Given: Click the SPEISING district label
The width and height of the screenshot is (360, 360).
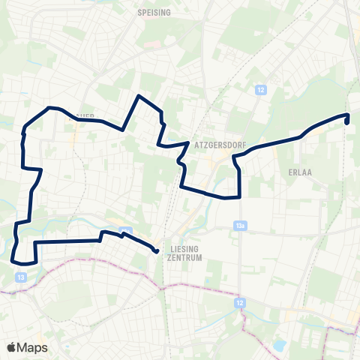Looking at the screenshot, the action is (154, 13).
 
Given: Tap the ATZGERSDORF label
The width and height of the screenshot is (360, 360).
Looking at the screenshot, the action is (216, 140).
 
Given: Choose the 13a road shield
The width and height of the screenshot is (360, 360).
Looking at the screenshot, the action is (240, 224).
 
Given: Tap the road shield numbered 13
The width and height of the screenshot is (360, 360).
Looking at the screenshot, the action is (21, 277).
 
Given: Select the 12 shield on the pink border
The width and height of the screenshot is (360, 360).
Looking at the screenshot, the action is (240, 302).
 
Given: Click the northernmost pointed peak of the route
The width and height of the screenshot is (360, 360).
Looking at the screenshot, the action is (139, 96).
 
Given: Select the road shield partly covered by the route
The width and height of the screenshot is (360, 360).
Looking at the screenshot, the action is (124, 231).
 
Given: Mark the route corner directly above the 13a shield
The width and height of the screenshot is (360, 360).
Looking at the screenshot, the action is (239, 196).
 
